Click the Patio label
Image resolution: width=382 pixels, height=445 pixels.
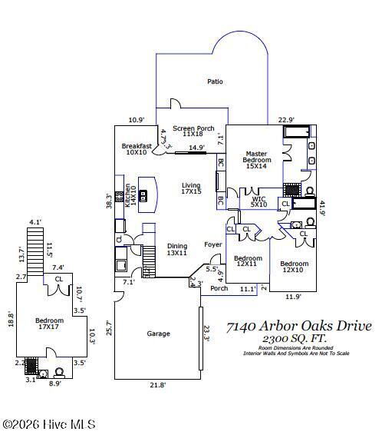point(215,81)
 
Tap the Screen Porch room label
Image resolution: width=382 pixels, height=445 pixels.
point(193,132)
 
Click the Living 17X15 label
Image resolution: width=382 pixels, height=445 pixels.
point(191,189)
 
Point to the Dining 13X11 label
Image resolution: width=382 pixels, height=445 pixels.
point(177,250)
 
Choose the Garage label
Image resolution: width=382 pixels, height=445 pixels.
point(158,334)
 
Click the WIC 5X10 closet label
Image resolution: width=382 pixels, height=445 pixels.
point(259,202)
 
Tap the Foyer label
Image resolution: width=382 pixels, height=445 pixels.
point(212,244)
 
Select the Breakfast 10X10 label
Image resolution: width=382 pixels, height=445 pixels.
point(136,149)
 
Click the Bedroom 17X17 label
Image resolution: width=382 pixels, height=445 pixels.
point(50,324)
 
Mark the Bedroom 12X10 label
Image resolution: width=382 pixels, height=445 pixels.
point(293,265)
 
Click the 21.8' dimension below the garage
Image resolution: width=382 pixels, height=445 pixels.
point(157,384)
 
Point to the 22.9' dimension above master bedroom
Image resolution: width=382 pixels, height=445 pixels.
point(286,119)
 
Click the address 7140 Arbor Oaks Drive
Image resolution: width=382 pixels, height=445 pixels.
point(298,327)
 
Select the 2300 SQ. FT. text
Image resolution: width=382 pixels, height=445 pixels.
point(298,339)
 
